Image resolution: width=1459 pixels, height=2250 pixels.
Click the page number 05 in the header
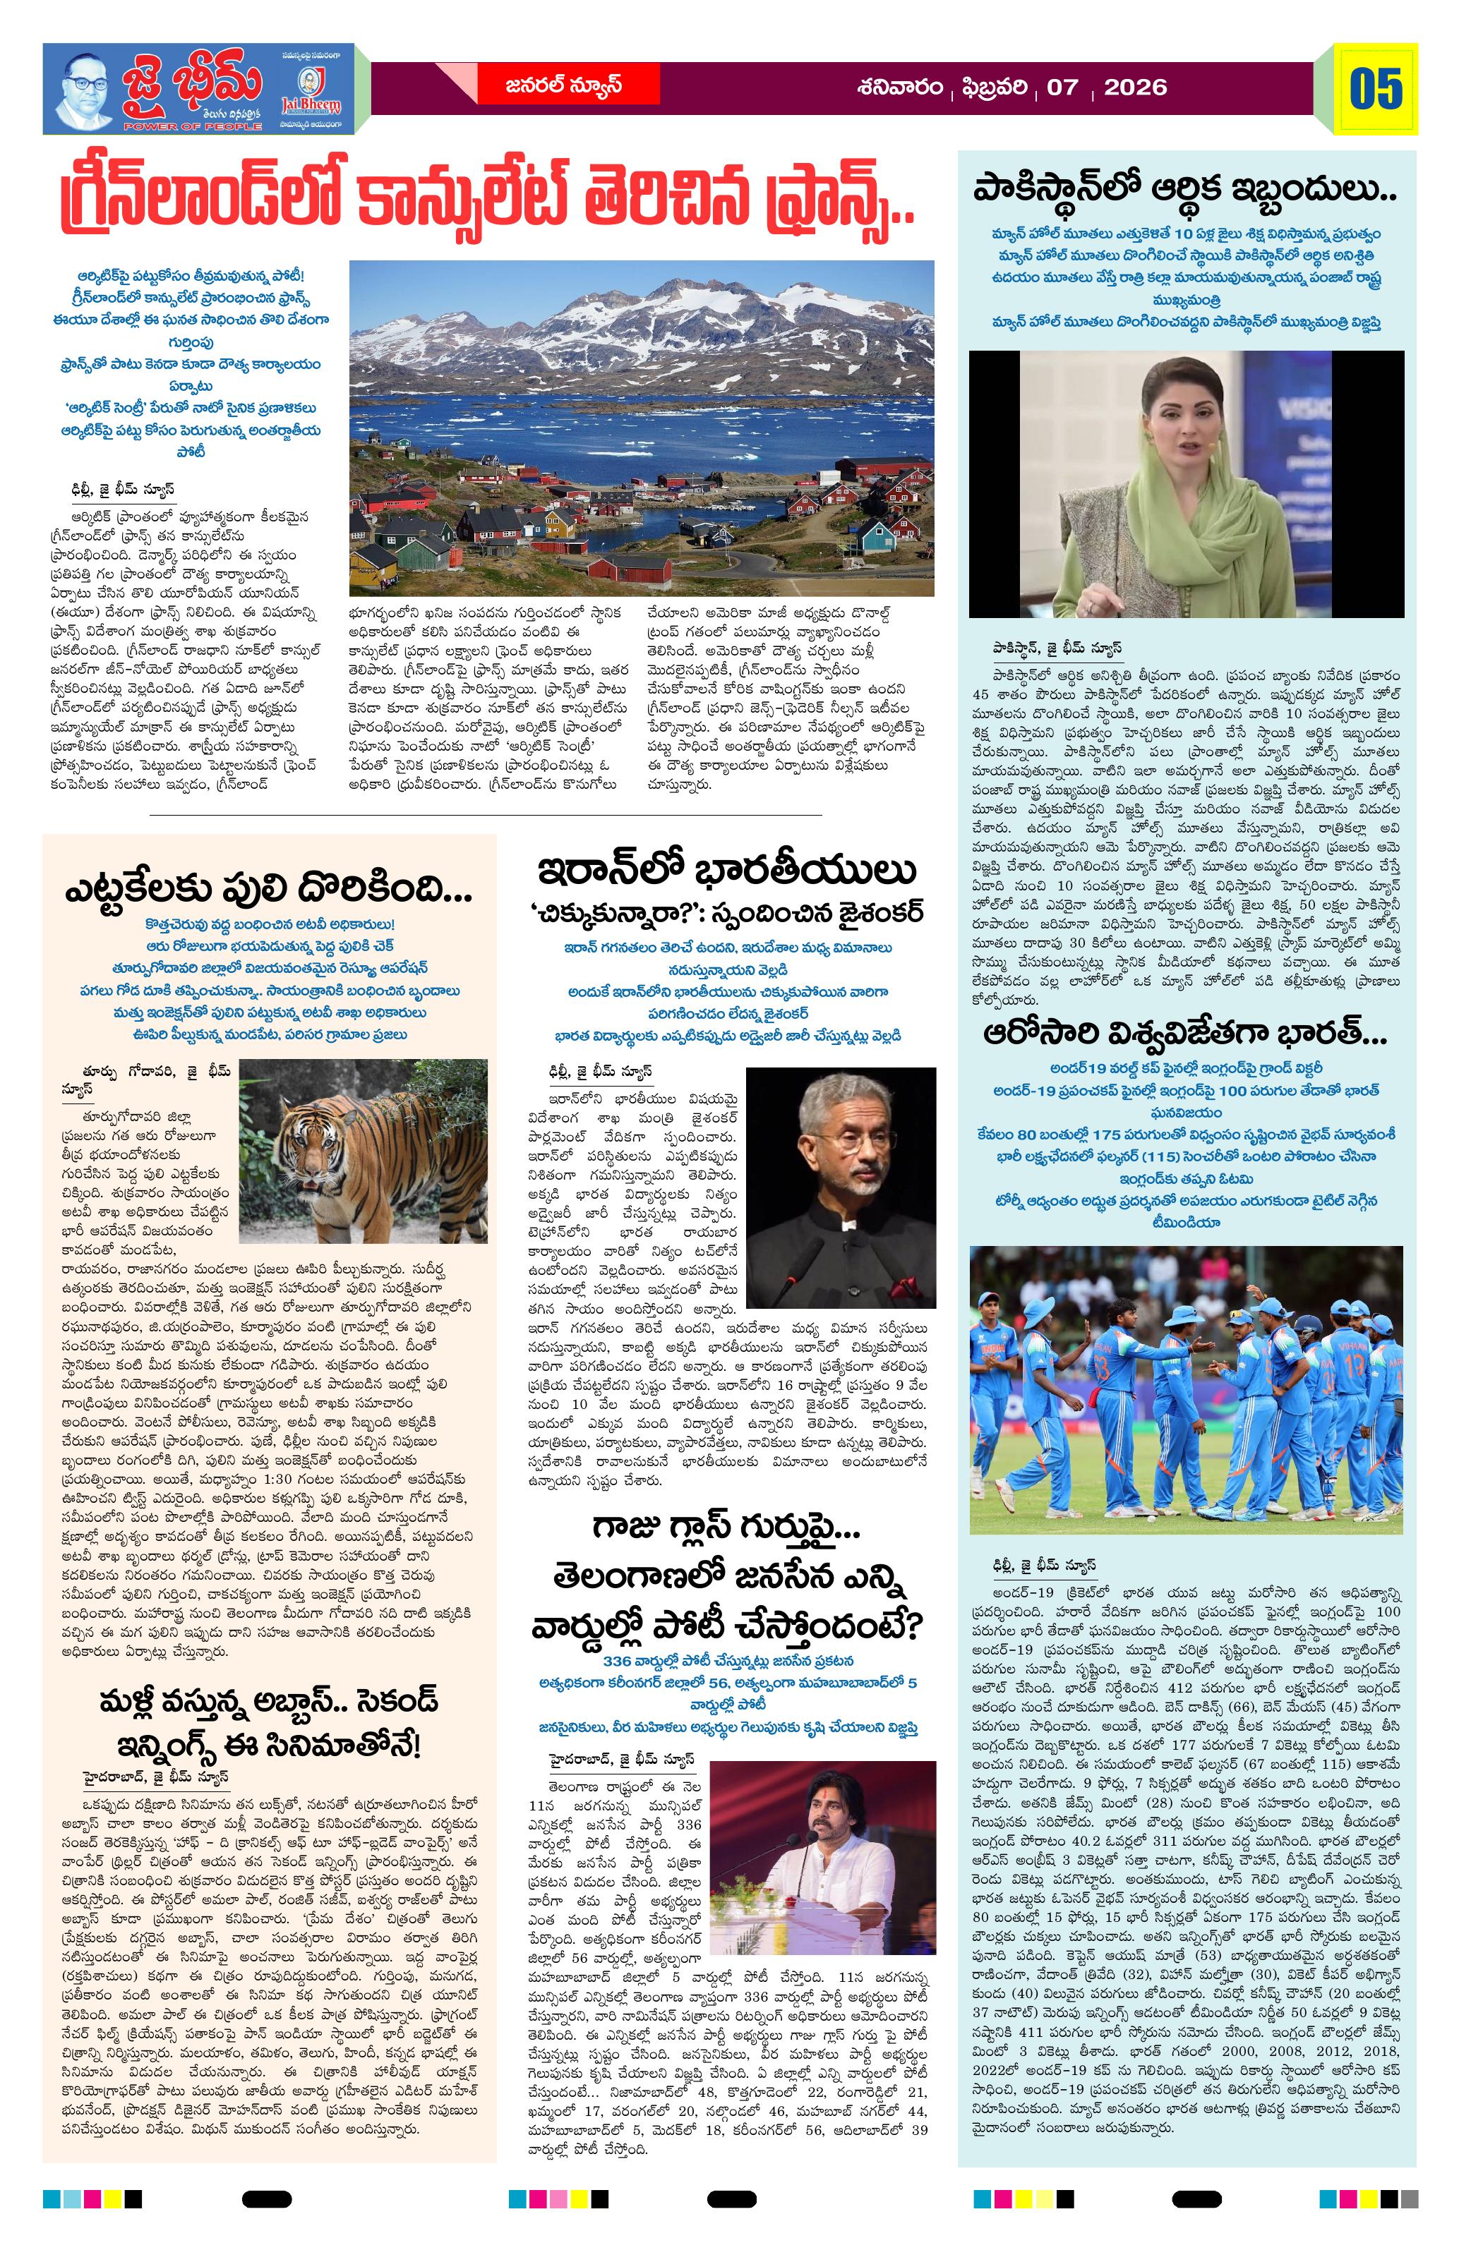click(1376, 89)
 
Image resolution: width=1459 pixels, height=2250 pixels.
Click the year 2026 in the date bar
click(1135, 88)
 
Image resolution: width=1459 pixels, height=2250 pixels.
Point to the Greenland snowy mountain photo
click(641, 428)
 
